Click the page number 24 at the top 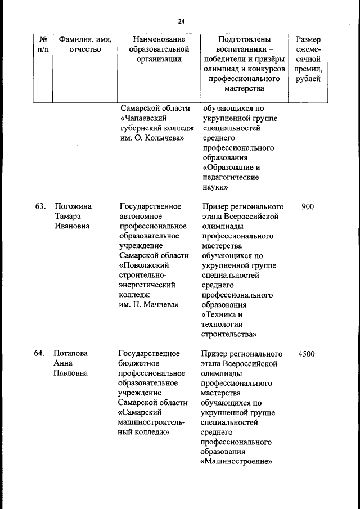coord(181,21)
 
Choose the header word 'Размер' coord(308,39)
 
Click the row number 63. coord(39,206)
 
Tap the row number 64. coord(39,354)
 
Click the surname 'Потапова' coord(71,354)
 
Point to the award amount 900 coord(308,206)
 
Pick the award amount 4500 coord(307,354)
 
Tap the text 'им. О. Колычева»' coord(151,138)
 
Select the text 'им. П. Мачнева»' coord(149,304)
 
